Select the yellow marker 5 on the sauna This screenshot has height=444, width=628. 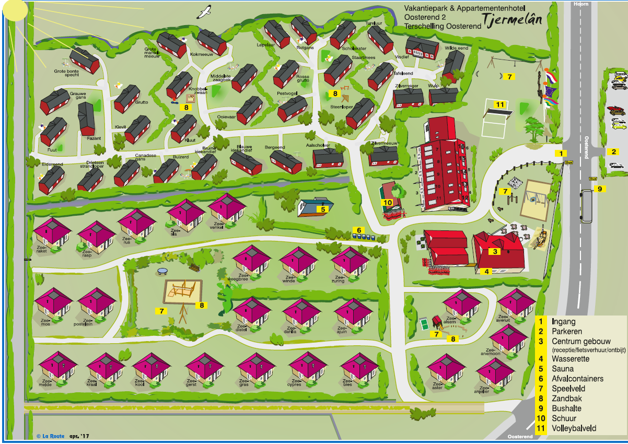point(323,209)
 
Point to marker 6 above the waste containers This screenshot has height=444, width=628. point(358,229)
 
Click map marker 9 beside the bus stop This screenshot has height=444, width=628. point(600,189)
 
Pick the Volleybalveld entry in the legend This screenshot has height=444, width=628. point(573,428)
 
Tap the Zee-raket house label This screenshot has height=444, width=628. point(42,249)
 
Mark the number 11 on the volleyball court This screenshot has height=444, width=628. point(499,104)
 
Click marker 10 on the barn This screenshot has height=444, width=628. point(387,202)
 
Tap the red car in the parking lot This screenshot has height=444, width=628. point(616,111)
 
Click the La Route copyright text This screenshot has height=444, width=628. point(52,435)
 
